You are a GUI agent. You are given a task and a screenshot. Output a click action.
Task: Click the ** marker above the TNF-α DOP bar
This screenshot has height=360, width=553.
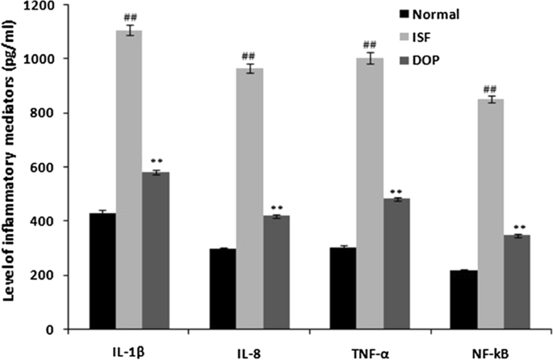click(396, 191)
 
